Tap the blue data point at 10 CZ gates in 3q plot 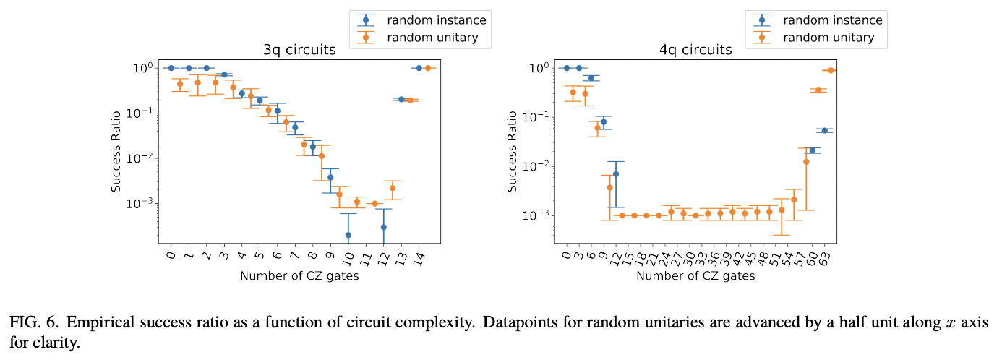[348, 235]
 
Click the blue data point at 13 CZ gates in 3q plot [401, 99]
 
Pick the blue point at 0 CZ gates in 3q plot [171, 68]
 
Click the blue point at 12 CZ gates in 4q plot [616, 173]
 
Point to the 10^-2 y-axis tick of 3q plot [139, 158]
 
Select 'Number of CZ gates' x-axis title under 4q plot [695, 276]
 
